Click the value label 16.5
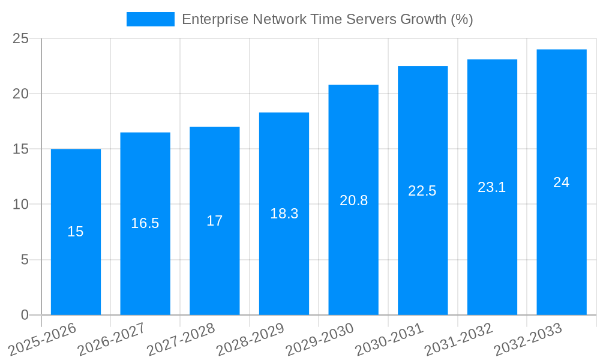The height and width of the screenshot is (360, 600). (145, 223)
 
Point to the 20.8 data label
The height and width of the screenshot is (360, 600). (353, 200)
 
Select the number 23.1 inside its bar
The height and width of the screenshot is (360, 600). (492, 187)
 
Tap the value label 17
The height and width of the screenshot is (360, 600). (214, 221)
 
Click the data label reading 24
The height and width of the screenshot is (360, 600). (561, 182)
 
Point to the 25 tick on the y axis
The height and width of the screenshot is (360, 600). (21, 39)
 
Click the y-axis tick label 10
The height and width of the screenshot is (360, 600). (21, 205)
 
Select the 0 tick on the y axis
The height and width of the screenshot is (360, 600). (25, 315)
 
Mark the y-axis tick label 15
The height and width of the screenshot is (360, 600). (21, 149)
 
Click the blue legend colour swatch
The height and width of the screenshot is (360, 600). (150, 19)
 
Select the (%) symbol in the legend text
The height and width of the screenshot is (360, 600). (462, 19)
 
